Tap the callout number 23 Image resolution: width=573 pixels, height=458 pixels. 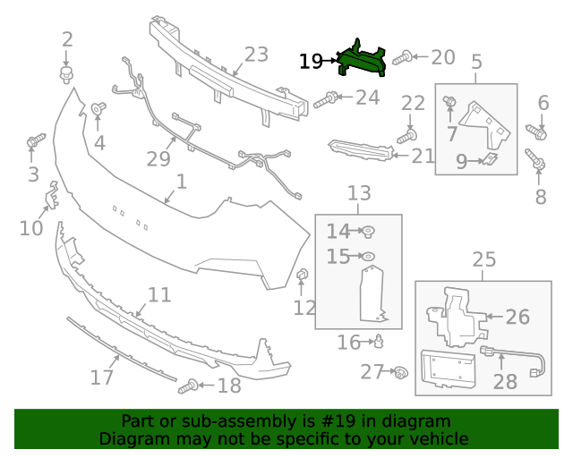tap(256, 55)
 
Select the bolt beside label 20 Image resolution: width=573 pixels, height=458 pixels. tap(403, 58)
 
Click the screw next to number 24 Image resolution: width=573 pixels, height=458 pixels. tap(327, 99)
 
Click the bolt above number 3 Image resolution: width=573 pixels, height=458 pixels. tap(35, 141)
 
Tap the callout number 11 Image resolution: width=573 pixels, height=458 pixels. tap(158, 294)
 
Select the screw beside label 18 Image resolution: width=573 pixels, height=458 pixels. tap(189, 386)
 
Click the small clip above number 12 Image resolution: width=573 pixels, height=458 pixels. tap(302, 273)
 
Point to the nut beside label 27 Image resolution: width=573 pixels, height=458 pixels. tap(401, 372)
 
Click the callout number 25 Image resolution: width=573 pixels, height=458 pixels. tap(483, 259)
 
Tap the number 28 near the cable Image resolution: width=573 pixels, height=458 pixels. tap(505, 382)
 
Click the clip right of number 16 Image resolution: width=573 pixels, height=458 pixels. tap(380, 341)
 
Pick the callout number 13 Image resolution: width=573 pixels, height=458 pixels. tap(358, 193)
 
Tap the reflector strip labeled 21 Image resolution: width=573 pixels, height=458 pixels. tap(361, 150)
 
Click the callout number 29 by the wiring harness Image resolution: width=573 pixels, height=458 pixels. tap(159, 159)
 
